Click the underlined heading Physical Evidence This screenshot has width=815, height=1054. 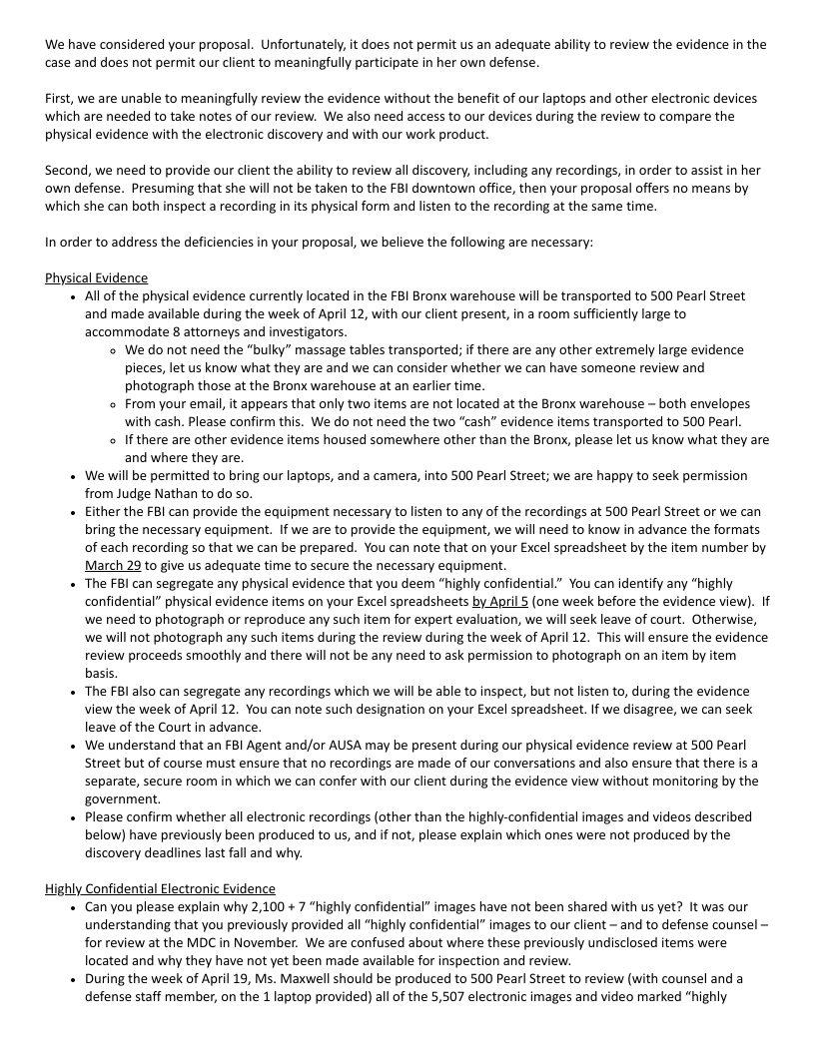[96, 278]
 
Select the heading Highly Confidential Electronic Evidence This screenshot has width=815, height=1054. [160, 888]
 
